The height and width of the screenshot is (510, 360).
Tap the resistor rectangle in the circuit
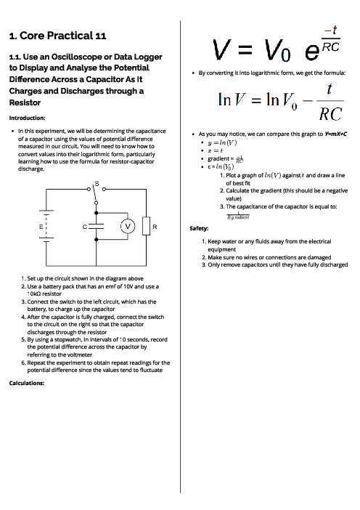coord(146,225)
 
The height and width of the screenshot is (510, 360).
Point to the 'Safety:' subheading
coord(200,227)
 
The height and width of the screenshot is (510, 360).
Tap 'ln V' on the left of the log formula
coord(235,100)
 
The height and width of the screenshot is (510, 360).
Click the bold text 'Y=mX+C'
coord(330,134)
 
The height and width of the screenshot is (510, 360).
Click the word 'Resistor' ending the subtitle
coord(22,103)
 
